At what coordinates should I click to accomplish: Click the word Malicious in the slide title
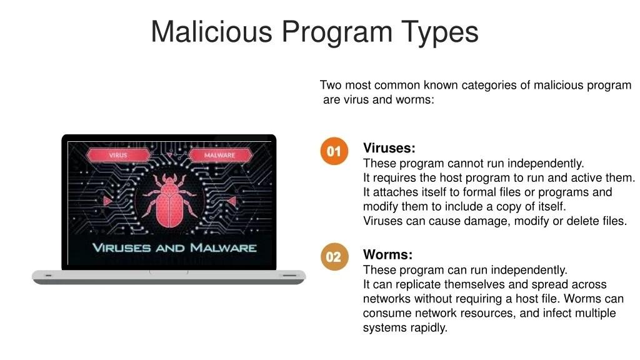[x=211, y=31]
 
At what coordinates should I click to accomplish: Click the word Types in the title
[x=441, y=31]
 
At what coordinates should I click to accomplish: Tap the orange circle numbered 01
[x=334, y=151]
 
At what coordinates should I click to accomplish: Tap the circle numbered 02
[x=334, y=257]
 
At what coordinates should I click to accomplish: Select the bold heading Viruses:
[x=389, y=149]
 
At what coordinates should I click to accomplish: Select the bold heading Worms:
[x=387, y=255]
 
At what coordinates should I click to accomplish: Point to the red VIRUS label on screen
[x=118, y=155]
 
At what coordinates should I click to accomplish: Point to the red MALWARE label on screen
[x=219, y=155]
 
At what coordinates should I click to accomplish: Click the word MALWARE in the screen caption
[x=223, y=247]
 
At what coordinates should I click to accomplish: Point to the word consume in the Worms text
[x=384, y=313]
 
